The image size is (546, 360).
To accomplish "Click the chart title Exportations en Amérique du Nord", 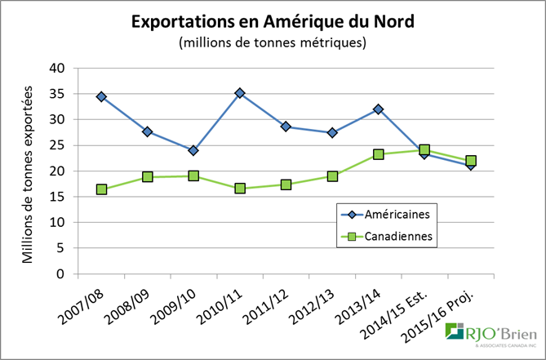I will coord(273,22).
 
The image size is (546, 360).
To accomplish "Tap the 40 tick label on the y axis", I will coord(57,69).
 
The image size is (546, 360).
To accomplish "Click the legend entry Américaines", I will coord(384,215).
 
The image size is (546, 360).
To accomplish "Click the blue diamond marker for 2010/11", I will coord(241,94).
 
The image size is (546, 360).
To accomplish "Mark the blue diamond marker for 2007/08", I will coord(101,96).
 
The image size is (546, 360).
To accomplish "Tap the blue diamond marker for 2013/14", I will coord(379,109).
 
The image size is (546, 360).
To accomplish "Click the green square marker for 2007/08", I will coord(101,189).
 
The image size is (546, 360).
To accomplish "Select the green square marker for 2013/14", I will coord(379,154).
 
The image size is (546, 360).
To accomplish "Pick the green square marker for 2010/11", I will coord(241,189).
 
